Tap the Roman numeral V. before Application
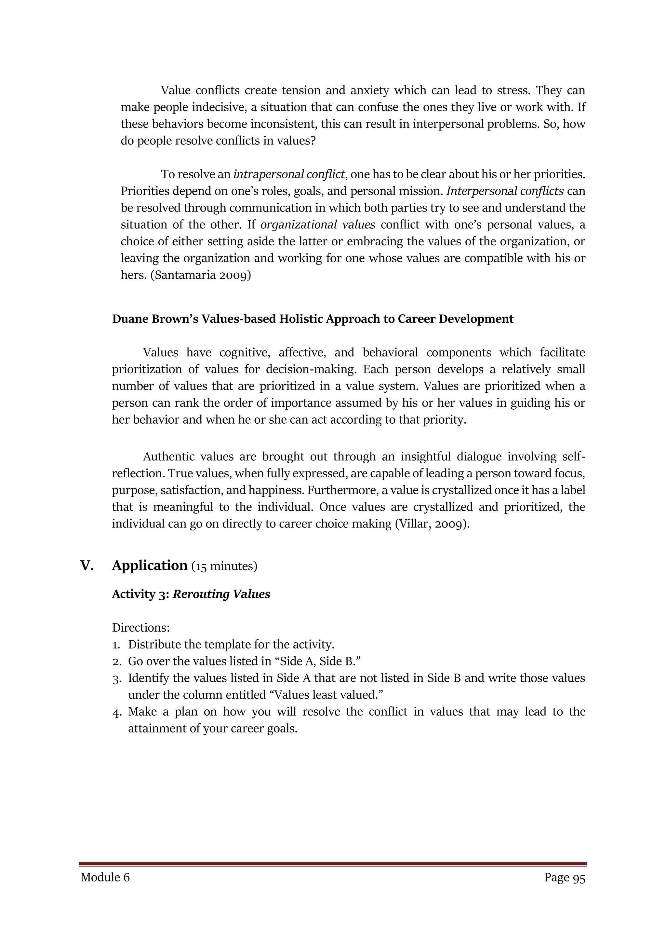click(x=87, y=566)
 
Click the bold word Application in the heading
click(x=149, y=566)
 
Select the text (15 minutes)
click(x=224, y=566)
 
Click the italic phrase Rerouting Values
click(x=221, y=594)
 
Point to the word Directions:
click(x=141, y=628)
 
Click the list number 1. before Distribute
click(x=116, y=645)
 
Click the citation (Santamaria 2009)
click(x=201, y=275)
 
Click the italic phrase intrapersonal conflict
click(x=289, y=174)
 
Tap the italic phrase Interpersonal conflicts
click(x=504, y=191)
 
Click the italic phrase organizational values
click(x=317, y=225)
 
